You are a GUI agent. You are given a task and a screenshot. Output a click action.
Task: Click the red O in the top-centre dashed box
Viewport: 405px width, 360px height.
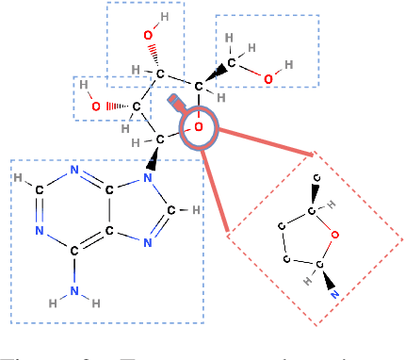[148, 36]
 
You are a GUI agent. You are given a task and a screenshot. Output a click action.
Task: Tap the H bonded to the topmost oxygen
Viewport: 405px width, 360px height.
[163, 18]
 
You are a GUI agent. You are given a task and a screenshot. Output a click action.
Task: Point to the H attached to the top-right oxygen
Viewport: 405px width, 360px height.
[288, 65]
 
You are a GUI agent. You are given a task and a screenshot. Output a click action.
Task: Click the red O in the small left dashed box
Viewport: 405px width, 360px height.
[95, 106]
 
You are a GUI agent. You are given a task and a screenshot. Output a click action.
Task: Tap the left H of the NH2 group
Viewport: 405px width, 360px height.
[53, 302]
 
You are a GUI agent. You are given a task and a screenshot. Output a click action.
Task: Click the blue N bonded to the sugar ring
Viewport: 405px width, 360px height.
[147, 175]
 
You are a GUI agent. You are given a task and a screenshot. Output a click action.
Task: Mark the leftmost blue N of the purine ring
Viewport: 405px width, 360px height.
[39, 229]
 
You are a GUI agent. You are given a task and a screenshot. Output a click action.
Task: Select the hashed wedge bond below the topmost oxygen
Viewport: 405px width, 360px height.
[153, 54]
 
